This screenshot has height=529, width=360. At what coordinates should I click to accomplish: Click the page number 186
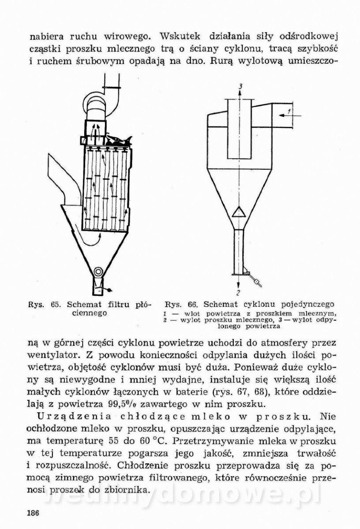tap(34, 513)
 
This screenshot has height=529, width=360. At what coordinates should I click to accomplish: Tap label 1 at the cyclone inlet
tap(289, 112)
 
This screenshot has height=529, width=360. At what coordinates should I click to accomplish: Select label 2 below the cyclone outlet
tap(238, 292)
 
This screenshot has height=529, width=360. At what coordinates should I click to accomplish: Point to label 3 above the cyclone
tap(240, 86)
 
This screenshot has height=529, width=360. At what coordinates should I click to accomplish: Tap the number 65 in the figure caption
tap(56, 305)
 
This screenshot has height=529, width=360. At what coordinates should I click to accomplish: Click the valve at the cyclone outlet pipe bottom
tap(256, 279)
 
